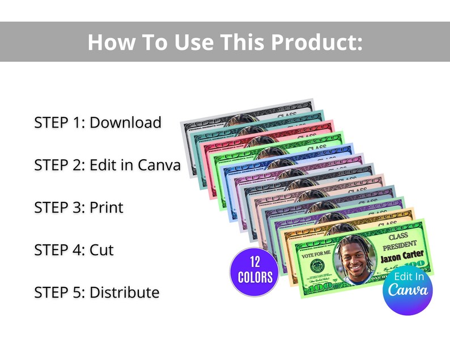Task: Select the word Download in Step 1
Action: pos(125,122)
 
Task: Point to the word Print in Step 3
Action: pos(106,207)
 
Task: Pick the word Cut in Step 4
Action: pos(101,249)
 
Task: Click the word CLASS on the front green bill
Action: pos(398,236)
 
